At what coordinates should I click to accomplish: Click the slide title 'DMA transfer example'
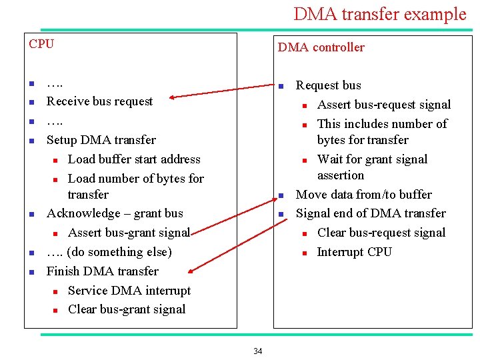pyautogui.click(x=379, y=14)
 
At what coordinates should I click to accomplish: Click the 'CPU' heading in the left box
pyautogui.click(x=41, y=44)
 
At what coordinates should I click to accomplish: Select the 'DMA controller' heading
pyautogui.click(x=321, y=47)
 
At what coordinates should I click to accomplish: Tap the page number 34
pyautogui.click(x=258, y=351)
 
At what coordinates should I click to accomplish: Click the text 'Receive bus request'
pyautogui.click(x=99, y=101)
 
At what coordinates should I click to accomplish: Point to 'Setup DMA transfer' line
pyautogui.click(x=101, y=140)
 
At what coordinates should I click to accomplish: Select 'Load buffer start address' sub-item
pyautogui.click(x=134, y=159)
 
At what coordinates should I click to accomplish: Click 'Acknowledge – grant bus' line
pyautogui.click(x=114, y=213)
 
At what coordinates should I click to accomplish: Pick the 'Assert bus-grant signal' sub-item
pyautogui.click(x=129, y=233)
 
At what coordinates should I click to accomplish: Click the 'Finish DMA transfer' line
pyautogui.click(x=102, y=271)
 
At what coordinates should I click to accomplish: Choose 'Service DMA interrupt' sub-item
pyautogui.click(x=129, y=291)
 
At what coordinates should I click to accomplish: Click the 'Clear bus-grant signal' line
pyautogui.click(x=127, y=309)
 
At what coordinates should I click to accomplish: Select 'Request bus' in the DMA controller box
pyautogui.click(x=328, y=85)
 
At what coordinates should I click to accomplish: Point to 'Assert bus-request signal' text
pyautogui.click(x=384, y=105)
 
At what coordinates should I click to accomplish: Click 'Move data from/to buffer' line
pyautogui.click(x=363, y=195)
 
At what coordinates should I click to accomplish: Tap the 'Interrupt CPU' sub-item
pyautogui.click(x=354, y=252)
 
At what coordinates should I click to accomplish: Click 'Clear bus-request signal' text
pyautogui.click(x=381, y=233)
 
